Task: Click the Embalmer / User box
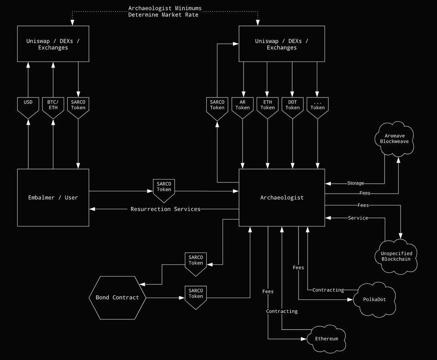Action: (x=53, y=197)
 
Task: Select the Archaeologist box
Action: (x=282, y=197)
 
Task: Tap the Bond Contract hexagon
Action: (x=117, y=298)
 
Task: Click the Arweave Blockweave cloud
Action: (x=395, y=139)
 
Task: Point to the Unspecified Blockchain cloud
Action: (x=396, y=256)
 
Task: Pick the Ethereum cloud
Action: (x=327, y=339)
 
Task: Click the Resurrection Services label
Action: (x=165, y=209)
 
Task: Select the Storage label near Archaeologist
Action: (x=356, y=183)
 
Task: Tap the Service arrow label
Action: (x=358, y=218)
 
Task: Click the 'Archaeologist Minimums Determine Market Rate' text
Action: (x=165, y=11)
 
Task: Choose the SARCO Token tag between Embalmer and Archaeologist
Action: (x=164, y=189)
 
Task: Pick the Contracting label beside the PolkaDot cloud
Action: (x=328, y=290)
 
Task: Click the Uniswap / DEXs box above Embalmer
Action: (x=53, y=44)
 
